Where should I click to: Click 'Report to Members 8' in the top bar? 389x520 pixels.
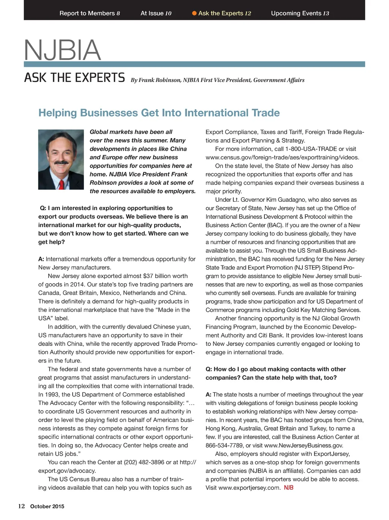click(x=90, y=13)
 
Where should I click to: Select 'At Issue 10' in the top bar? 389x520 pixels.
click(x=156, y=13)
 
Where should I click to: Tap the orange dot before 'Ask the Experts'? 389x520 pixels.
click(x=194, y=13)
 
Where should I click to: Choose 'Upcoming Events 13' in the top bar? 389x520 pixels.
click(x=300, y=13)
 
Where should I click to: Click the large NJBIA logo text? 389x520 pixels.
click(x=63, y=50)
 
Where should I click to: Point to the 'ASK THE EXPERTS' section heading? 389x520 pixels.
click(x=74, y=78)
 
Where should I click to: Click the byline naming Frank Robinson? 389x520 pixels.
click(x=218, y=80)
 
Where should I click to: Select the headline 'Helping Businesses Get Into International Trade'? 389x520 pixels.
click(x=159, y=113)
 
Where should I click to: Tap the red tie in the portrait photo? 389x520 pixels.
click(x=61, y=185)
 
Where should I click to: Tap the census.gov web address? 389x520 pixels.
click(x=282, y=157)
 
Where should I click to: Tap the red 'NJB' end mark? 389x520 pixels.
click(x=289, y=488)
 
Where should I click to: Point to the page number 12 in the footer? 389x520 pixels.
click(x=22, y=506)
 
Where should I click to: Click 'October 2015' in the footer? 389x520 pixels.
click(x=47, y=507)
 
